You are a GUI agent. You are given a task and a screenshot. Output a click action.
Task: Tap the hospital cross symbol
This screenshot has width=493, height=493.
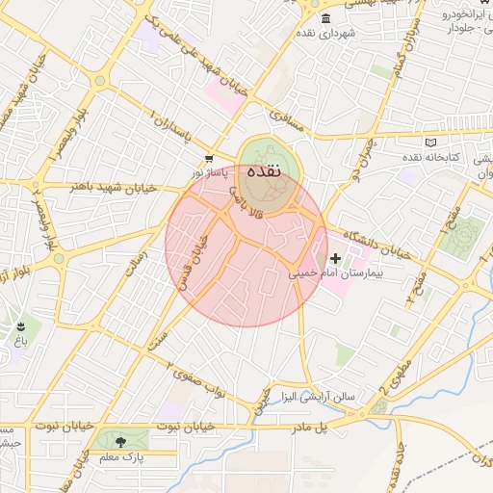336,258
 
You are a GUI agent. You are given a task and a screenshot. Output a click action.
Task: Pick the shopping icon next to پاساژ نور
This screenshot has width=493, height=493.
209,159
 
